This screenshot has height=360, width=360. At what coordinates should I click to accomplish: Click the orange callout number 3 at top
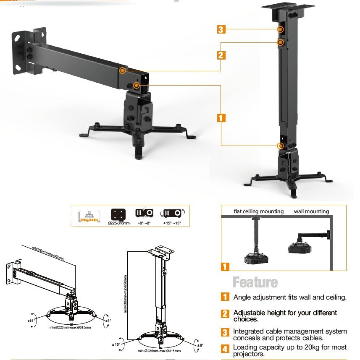tap(221, 29)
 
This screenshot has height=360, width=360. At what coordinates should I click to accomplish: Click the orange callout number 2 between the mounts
tap(221, 55)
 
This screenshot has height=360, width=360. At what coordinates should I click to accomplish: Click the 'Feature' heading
tap(255, 282)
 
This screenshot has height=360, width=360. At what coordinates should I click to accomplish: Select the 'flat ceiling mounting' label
tap(259, 211)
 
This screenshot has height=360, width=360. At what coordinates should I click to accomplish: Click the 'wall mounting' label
tap(311, 211)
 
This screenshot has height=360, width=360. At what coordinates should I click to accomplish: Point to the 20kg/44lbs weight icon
tap(89, 215)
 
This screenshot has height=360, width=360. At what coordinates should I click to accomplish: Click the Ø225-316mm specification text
tap(119, 223)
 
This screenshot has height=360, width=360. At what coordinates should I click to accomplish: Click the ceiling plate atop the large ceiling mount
tap(287, 7)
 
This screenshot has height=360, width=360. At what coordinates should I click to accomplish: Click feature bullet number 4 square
tap(225, 348)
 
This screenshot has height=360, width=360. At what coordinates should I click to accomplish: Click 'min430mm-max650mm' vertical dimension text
tap(125, 294)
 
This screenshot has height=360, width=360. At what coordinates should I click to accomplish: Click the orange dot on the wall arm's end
tap(122, 70)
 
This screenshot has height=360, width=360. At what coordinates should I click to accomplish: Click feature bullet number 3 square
tap(225, 332)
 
